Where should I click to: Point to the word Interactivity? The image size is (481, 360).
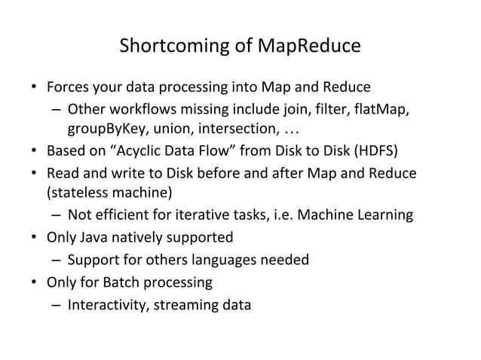[x=106, y=305]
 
